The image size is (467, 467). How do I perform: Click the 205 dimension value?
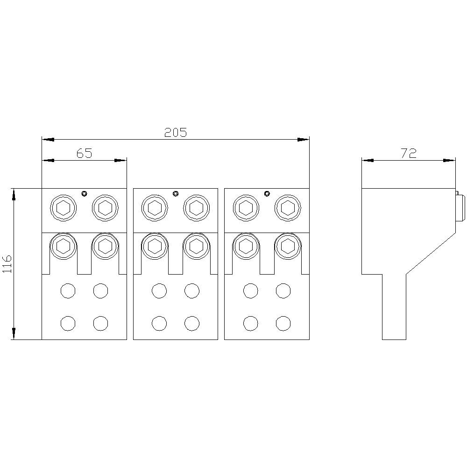(176, 133)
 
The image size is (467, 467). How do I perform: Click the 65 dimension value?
(85, 153)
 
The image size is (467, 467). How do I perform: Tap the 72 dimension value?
(408, 153)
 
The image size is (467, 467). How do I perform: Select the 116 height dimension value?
(7, 263)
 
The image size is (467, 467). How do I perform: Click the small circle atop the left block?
(84, 194)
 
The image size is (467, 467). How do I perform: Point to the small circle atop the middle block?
(176, 194)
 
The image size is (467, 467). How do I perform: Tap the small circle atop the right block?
(267, 194)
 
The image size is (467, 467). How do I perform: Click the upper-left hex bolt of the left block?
(63, 208)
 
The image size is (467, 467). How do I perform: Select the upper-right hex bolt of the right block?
(288, 208)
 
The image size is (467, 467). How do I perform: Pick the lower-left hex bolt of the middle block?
(155, 246)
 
